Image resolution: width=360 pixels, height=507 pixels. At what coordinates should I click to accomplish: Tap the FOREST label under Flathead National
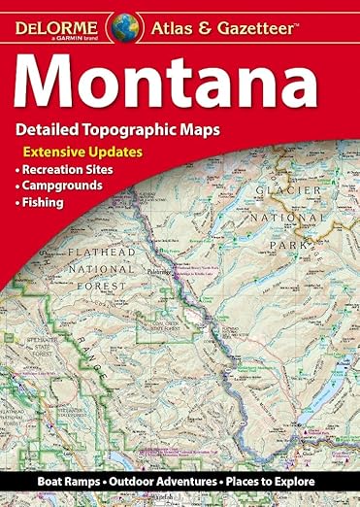tap(90, 315)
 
